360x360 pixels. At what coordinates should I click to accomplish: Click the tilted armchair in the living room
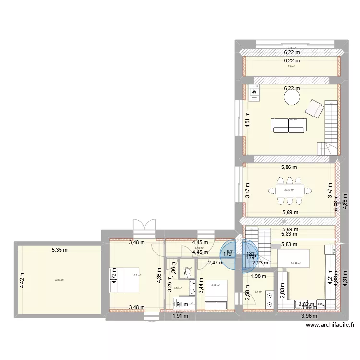click(315, 108)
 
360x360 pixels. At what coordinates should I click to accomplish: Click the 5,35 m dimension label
click(60, 250)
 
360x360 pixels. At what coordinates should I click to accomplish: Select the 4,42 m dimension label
click(22, 280)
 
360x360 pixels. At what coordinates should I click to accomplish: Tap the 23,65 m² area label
click(60, 280)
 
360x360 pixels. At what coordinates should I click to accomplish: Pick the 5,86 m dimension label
click(289, 168)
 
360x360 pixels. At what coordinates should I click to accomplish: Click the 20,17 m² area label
click(289, 189)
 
